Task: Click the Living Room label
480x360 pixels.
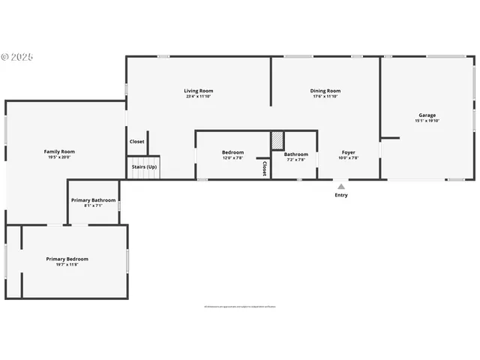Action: coord(199,91)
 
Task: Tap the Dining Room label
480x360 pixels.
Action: coord(325,91)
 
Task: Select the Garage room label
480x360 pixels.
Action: coord(427,115)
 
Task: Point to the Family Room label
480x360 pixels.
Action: coord(59,151)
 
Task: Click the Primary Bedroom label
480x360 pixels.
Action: coord(67,259)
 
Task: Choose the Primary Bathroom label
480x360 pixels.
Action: coord(94,200)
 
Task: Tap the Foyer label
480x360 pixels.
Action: coord(349,152)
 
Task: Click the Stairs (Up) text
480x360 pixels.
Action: coord(144,166)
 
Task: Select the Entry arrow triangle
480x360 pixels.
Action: coord(341,186)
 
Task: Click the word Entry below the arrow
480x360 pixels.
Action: coord(341,195)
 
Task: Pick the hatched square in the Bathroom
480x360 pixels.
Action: coord(277,140)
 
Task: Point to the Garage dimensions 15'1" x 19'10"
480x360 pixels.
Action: coord(427,121)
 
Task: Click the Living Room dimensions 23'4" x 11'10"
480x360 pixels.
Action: coord(199,96)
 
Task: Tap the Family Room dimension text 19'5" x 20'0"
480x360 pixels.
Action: coord(59,157)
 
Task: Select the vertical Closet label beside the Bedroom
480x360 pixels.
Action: coord(265,169)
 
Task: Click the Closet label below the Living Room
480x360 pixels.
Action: coord(137,141)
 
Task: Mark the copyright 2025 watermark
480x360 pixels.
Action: coord(18,56)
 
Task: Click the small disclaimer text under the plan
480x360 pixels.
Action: coord(240,306)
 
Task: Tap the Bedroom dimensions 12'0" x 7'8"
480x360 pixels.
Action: coord(232,158)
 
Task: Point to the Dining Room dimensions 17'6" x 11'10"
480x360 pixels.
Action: coord(325,96)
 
